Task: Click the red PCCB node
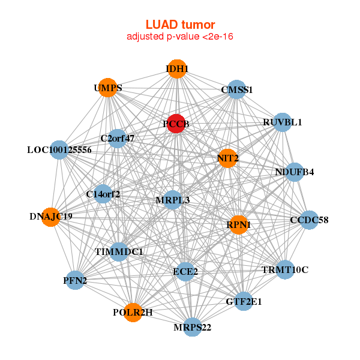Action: [x=175, y=124]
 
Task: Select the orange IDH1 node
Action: [x=176, y=69]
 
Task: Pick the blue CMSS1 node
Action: [x=237, y=90]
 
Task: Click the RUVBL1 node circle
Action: [x=282, y=122]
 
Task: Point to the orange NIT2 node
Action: [x=227, y=158]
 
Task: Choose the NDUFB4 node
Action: [x=294, y=172]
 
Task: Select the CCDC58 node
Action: [x=308, y=220]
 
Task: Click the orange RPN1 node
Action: [x=239, y=224]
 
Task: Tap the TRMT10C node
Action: [x=284, y=269]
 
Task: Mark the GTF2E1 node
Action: [x=244, y=302]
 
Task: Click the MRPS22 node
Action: [x=193, y=327]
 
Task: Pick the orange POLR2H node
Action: [x=133, y=313]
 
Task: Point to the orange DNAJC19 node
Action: [x=50, y=216]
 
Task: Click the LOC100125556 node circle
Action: [x=59, y=149]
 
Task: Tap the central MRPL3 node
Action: [x=173, y=200]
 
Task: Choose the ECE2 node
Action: [x=185, y=271]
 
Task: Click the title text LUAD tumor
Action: [x=180, y=25]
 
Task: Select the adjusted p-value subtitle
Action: [x=180, y=37]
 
